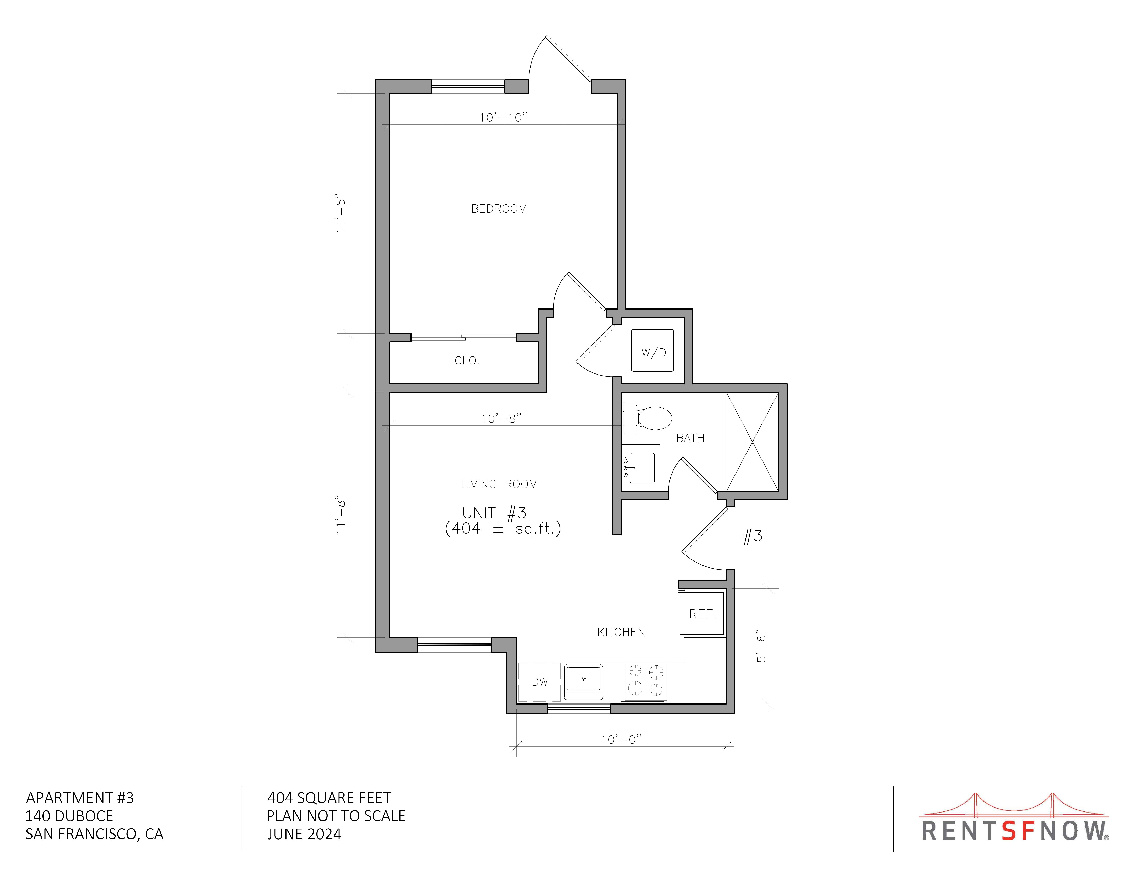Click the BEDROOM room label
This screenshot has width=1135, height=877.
(499, 209)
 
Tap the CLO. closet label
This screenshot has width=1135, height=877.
(467, 361)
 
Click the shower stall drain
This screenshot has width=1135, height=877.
(752, 442)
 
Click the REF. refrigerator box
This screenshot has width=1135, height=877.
(702, 613)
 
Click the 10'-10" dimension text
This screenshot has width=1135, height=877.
(502, 117)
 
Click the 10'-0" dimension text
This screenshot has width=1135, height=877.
(621, 739)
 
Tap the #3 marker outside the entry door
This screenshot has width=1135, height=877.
(753, 536)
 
